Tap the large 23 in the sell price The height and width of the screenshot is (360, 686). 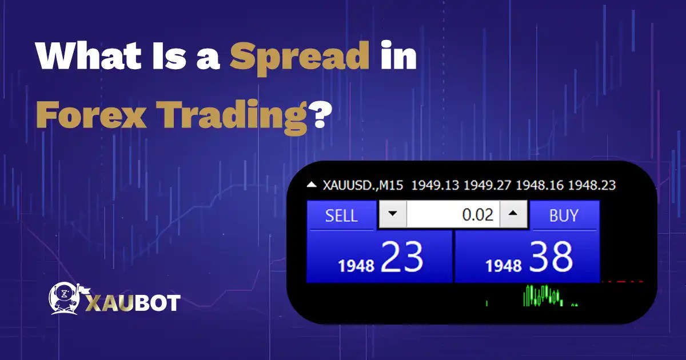(x=402, y=257)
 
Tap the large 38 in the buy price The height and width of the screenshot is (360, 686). (x=551, y=257)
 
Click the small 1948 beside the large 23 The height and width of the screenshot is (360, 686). (x=356, y=265)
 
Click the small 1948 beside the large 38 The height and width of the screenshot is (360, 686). (x=504, y=265)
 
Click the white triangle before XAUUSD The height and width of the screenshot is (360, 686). (x=311, y=185)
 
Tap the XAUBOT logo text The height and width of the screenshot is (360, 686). (x=133, y=302)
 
